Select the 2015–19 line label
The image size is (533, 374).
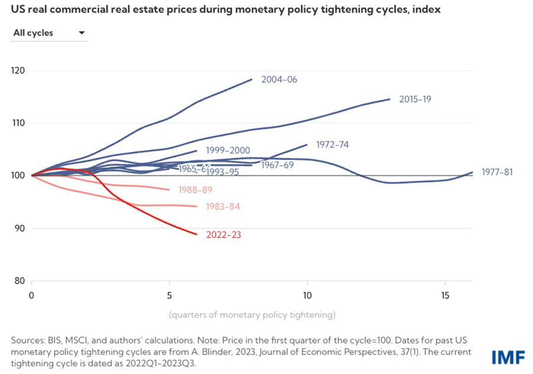(415, 99)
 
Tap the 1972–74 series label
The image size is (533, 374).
(333, 144)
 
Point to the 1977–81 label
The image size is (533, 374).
(497, 172)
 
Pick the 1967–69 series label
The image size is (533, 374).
(277, 165)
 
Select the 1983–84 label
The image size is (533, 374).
(223, 207)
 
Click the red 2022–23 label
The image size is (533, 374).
(223, 235)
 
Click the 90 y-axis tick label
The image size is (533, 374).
(19, 228)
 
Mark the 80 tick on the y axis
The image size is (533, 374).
(19, 280)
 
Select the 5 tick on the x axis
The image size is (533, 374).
(169, 294)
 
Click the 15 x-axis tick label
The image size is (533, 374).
(445, 294)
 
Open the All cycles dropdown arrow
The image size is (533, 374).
(81, 33)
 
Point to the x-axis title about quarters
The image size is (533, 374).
(252, 314)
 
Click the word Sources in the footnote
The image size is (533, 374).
(27, 340)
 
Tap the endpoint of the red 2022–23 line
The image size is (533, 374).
(197, 234)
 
